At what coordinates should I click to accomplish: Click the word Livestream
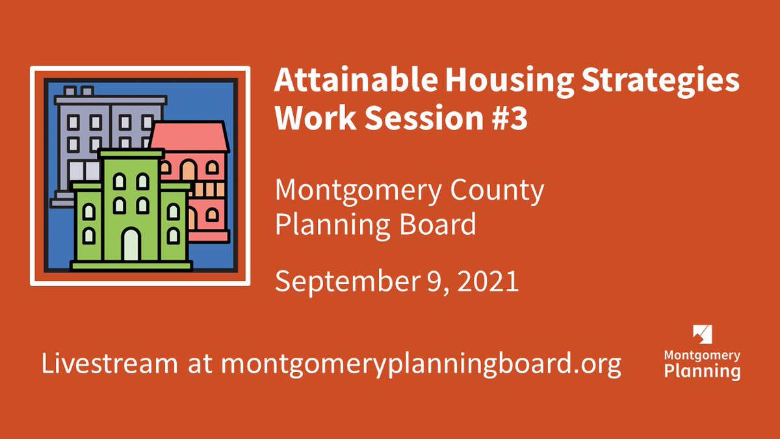[109, 364]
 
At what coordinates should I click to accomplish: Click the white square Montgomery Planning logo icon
[703, 334]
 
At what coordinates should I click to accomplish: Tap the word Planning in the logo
[702, 371]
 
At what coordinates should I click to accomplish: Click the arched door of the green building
[131, 245]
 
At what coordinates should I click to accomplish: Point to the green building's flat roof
[130, 153]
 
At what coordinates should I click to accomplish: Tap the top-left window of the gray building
[73, 122]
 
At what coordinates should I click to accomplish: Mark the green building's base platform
[131, 265]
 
